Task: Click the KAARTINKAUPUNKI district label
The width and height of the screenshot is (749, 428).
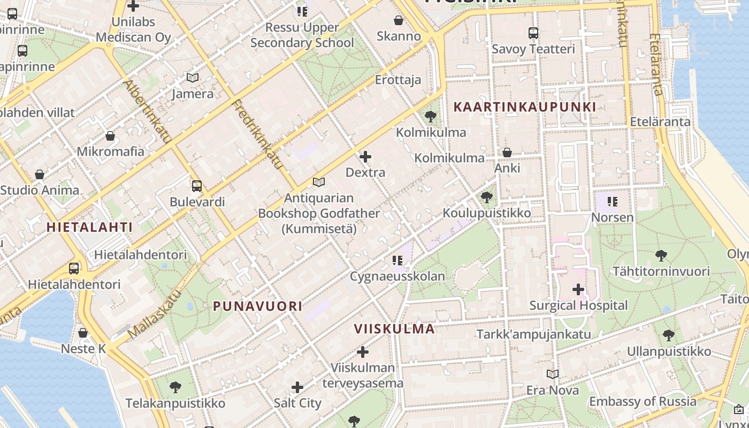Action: click(x=525, y=107)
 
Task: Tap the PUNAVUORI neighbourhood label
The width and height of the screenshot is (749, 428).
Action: click(x=258, y=307)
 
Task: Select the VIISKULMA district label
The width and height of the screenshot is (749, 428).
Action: click(x=394, y=329)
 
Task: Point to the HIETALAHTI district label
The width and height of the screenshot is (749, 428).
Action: click(x=89, y=227)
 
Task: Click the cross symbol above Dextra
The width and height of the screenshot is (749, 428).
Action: click(x=365, y=157)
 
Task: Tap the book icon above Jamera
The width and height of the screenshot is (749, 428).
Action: click(x=193, y=78)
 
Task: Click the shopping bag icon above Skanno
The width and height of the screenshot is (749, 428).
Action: click(x=399, y=20)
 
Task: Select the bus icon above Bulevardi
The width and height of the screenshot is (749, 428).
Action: click(x=197, y=186)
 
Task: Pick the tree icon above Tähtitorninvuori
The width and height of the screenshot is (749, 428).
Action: click(x=661, y=256)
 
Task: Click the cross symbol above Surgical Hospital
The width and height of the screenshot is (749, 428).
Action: click(x=578, y=289)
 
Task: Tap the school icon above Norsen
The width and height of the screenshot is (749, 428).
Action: click(x=613, y=202)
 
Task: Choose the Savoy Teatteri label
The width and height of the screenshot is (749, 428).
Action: click(x=533, y=49)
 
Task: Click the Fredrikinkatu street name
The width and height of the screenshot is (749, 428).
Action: click(x=258, y=134)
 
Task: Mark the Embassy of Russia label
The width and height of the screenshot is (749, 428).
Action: click(x=643, y=401)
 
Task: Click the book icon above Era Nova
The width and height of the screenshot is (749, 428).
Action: click(x=553, y=374)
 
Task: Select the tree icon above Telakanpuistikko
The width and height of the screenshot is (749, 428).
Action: click(x=175, y=387)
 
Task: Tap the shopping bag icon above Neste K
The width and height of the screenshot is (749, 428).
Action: click(x=83, y=333)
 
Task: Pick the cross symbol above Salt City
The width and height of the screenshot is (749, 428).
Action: click(x=297, y=387)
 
